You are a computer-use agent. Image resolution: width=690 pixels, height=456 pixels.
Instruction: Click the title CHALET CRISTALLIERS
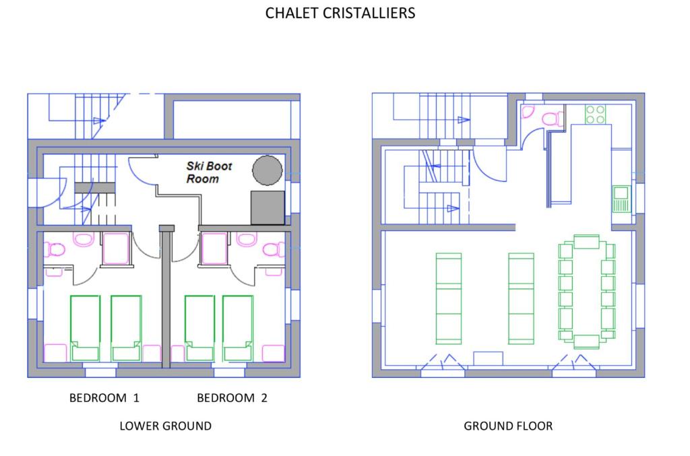(340, 13)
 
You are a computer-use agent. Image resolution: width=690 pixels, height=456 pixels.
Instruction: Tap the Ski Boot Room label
(209, 172)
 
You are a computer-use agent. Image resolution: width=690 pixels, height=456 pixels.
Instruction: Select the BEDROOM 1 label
(104, 398)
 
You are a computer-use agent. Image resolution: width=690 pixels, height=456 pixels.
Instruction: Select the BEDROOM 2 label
(232, 398)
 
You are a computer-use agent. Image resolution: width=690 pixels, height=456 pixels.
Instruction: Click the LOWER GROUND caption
(166, 426)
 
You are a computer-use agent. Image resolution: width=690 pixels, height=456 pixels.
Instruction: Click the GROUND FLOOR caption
(508, 426)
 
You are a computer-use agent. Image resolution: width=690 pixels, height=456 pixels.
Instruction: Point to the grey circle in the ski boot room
(267, 170)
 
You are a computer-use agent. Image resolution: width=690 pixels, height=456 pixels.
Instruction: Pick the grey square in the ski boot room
(268, 207)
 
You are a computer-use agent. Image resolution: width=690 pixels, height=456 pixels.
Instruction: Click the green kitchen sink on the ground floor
(621, 199)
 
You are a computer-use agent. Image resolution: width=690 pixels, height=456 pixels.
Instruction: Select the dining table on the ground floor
(587, 291)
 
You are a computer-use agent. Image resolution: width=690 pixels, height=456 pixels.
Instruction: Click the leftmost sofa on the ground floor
(449, 298)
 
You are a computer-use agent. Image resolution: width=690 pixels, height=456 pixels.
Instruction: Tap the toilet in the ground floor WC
(552, 119)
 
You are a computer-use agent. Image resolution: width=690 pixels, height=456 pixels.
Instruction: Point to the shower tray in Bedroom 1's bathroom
(116, 249)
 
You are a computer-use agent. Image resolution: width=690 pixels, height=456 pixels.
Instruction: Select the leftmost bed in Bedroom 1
(85, 329)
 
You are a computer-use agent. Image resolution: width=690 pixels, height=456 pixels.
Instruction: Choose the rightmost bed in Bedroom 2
(238, 329)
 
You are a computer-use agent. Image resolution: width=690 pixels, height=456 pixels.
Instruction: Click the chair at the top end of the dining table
(587, 242)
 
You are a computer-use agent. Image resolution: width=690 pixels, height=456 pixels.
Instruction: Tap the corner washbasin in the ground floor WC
(528, 112)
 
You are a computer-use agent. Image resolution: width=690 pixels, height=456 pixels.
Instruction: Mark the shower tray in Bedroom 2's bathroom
(214, 249)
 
